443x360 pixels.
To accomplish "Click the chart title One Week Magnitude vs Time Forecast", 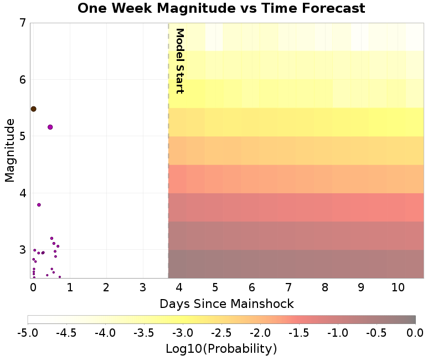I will pyautogui.click(x=221, y=8).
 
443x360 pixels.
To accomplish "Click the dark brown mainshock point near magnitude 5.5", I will pyautogui.click(x=33, y=109).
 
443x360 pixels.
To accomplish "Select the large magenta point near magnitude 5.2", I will pyautogui.click(x=50, y=127).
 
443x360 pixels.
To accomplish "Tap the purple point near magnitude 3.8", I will pyautogui.click(x=39, y=205).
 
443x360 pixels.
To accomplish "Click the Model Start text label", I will pyautogui.click(x=179, y=61).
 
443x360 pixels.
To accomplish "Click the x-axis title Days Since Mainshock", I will pyautogui.click(x=226, y=304).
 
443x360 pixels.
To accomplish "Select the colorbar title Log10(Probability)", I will pyautogui.click(x=221, y=349).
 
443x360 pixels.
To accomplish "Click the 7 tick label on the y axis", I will pyautogui.click(x=22, y=23).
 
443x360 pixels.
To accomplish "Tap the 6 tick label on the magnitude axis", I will pyautogui.click(x=22, y=80).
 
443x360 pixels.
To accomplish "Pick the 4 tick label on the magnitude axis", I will pyautogui.click(x=22, y=193).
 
